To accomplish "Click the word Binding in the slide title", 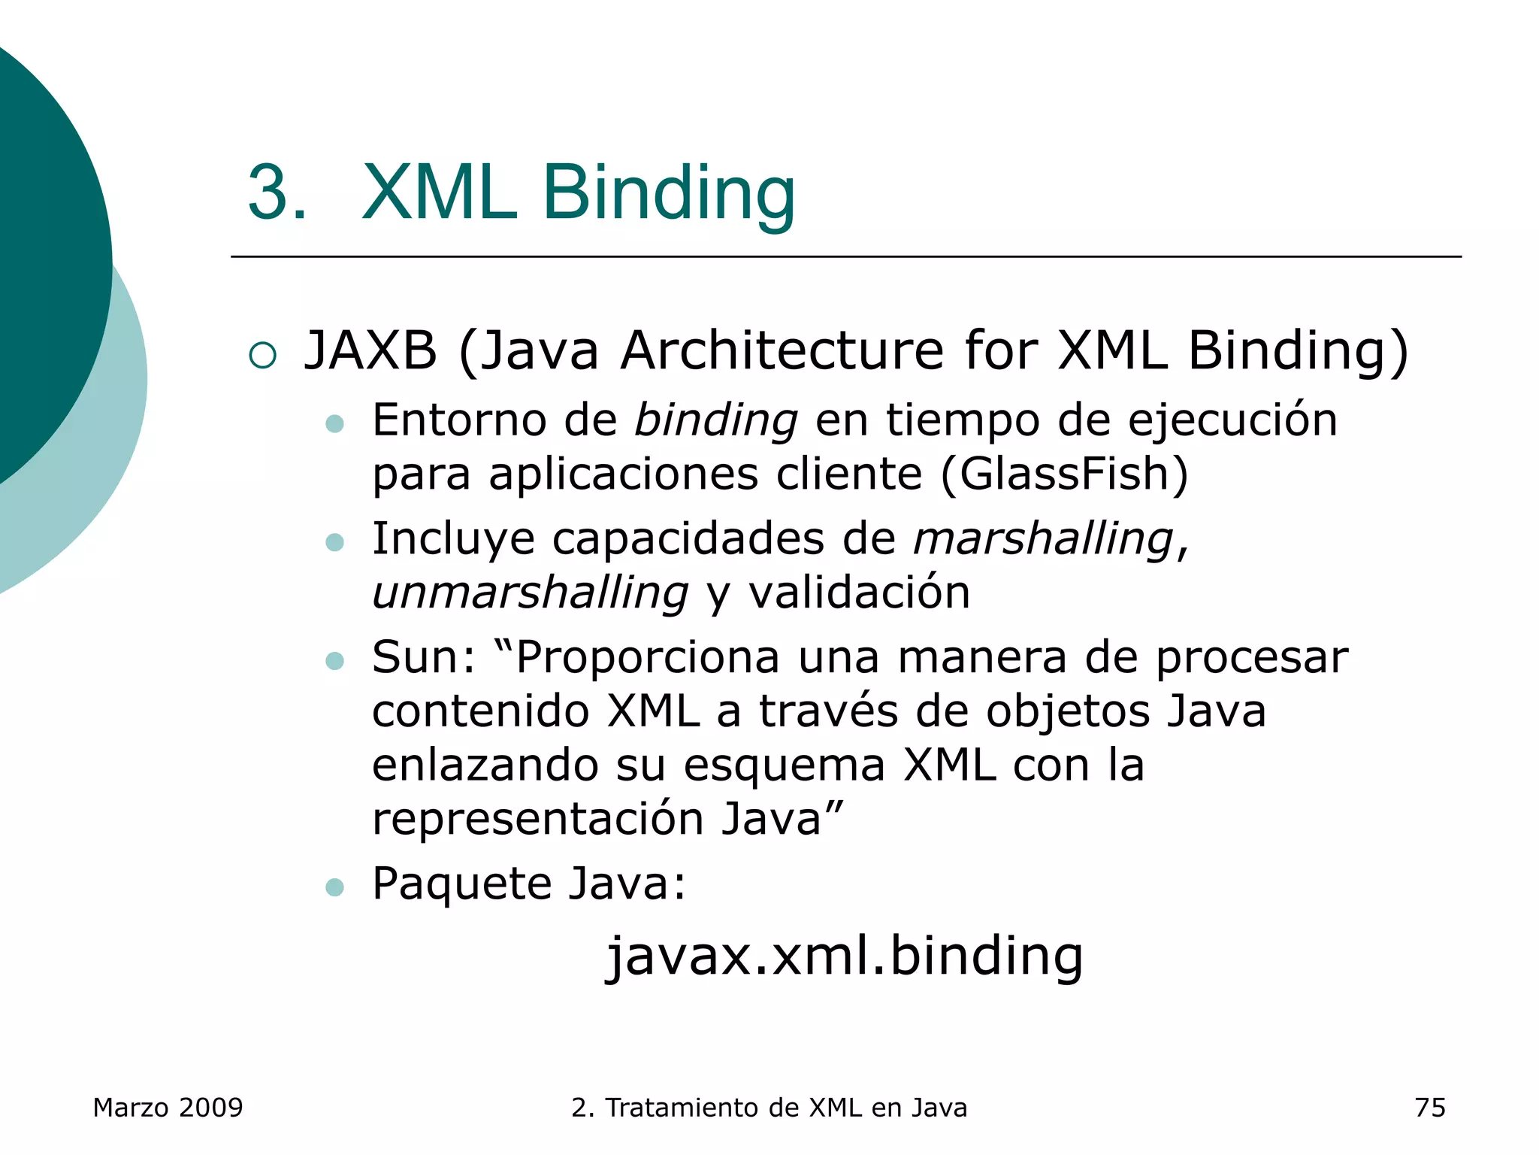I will click(x=668, y=193).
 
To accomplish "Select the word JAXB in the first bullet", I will click(x=370, y=350).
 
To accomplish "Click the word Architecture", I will click(x=782, y=350).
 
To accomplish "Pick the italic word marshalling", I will click(x=1043, y=538).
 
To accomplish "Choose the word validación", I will click(x=859, y=593).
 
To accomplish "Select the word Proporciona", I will click(x=647, y=657).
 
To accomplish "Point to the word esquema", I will click(x=784, y=765).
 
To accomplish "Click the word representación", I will click(x=537, y=819).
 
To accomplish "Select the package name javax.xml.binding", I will click(x=845, y=956).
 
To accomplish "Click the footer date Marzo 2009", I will click(x=168, y=1108).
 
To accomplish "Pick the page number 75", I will click(x=1429, y=1108).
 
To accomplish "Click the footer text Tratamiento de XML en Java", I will click(x=786, y=1108).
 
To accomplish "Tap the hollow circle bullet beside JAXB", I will click(x=262, y=355).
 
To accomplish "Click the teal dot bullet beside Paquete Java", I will click(x=334, y=887).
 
